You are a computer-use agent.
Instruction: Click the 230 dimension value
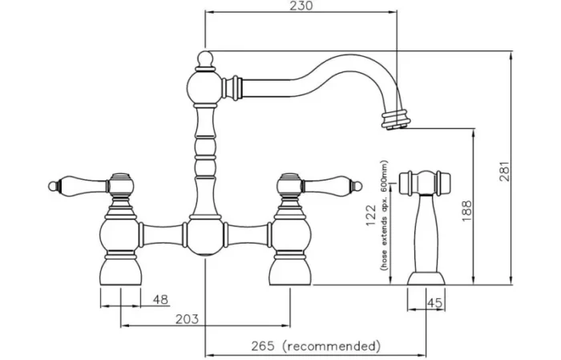301,6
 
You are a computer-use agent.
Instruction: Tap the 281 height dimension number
504,172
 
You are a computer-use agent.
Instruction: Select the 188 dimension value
466,210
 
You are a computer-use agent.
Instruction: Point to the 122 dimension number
371,216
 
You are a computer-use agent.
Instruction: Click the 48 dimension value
160,300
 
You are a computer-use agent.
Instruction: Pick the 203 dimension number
187,319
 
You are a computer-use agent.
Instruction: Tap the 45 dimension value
435,303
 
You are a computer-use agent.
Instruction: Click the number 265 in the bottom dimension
263,346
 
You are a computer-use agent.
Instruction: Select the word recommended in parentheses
331,346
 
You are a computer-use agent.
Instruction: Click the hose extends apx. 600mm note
384,216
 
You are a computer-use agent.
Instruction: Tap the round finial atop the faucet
205,58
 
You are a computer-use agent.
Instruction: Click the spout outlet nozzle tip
395,119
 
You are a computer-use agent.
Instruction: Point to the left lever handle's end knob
53,186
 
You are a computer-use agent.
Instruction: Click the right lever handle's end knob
357,187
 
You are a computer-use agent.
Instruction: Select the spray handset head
424,183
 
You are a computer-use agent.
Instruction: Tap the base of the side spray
426,278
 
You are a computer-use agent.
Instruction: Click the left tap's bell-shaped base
120,272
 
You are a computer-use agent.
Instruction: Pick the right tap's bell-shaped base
290,272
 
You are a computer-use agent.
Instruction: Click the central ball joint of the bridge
205,237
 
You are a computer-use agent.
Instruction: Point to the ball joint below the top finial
205,87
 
